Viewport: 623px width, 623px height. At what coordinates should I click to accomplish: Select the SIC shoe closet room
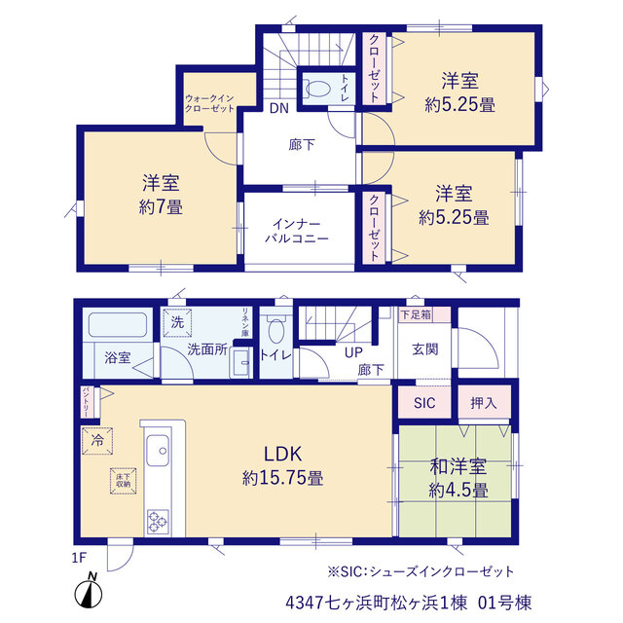424,402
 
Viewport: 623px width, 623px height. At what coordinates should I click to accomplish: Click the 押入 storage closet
484,402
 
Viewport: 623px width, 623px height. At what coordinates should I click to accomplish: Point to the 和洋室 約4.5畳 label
458,479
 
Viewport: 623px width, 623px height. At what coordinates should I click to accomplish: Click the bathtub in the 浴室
118,325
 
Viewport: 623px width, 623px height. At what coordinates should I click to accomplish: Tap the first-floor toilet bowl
275,329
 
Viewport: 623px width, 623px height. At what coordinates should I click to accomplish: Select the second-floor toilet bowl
316,89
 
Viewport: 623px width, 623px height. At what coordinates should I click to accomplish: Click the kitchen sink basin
158,450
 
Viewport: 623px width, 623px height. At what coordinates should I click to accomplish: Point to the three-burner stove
158,522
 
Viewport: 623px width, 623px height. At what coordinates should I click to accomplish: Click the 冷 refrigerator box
97,441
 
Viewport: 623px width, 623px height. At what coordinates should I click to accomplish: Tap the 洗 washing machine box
177,322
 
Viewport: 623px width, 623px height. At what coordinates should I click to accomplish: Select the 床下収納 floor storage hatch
124,480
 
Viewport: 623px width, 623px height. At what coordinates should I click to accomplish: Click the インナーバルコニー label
297,232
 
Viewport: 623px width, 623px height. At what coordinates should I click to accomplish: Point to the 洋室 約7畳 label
161,195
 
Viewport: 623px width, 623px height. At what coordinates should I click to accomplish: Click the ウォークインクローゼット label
209,103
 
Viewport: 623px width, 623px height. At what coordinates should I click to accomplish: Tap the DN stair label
279,108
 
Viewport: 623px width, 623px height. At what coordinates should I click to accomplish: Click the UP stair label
353,352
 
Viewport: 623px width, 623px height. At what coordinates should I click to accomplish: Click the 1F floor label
79,558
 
